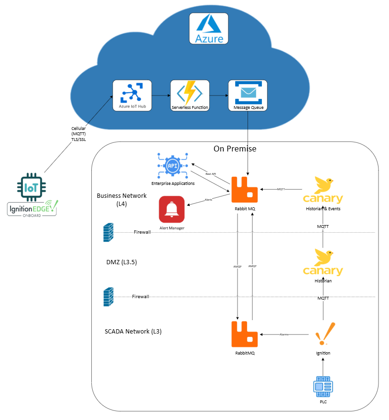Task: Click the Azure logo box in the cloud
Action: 208,29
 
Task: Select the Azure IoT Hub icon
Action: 132,93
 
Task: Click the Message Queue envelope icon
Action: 248,93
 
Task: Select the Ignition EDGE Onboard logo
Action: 32,208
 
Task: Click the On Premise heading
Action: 235,149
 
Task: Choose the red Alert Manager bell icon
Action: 172,209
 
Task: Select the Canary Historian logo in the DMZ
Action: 323,263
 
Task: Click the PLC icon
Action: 323,388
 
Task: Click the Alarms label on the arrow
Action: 284,334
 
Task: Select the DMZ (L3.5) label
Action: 122,262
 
